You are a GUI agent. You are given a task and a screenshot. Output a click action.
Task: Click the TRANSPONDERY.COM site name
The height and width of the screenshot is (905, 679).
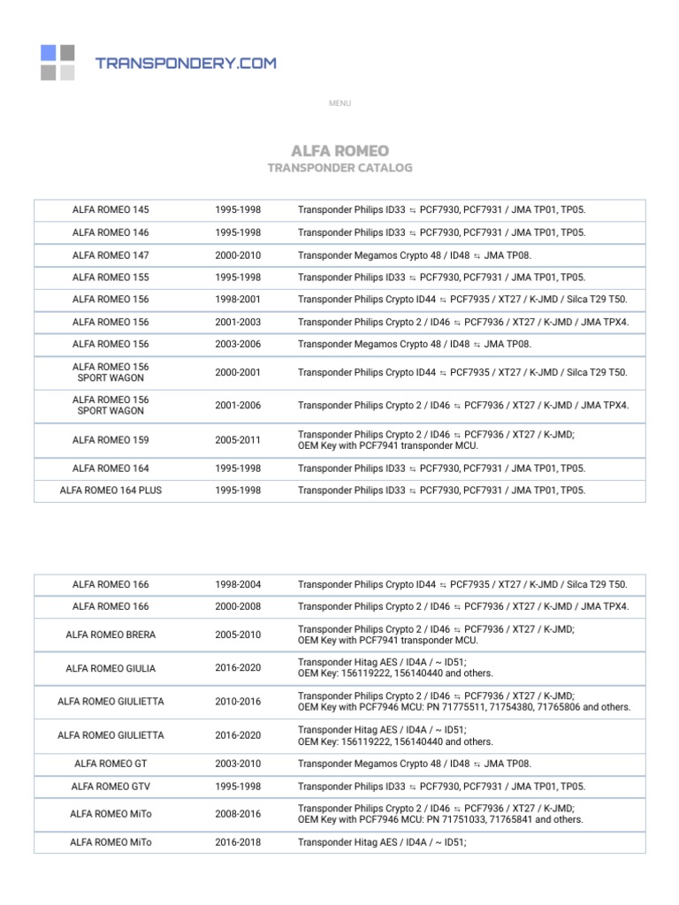click(x=186, y=63)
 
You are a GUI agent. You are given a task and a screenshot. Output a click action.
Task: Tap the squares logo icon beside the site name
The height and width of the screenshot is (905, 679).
click(x=57, y=63)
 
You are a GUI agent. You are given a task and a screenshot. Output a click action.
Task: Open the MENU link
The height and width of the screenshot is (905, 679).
click(x=339, y=103)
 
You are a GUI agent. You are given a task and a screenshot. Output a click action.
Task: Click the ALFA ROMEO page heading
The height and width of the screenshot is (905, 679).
click(x=339, y=151)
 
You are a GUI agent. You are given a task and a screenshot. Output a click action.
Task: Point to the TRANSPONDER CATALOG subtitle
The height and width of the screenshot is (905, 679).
click(x=339, y=168)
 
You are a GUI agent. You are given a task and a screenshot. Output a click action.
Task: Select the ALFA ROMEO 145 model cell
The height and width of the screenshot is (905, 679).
click(x=111, y=210)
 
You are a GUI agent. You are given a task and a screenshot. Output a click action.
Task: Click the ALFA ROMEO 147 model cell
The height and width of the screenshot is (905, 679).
click(x=111, y=255)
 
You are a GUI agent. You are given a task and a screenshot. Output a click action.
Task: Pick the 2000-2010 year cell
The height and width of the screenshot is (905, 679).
click(x=238, y=255)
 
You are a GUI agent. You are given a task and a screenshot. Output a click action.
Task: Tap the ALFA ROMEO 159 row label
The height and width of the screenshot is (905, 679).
click(x=111, y=439)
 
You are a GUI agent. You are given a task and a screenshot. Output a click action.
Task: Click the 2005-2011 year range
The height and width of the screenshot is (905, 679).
click(x=238, y=439)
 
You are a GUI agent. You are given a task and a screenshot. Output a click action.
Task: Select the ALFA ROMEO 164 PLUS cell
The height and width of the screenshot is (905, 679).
click(x=111, y=491)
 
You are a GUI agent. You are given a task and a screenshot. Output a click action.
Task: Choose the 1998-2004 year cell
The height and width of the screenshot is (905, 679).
click(x=238, y=584)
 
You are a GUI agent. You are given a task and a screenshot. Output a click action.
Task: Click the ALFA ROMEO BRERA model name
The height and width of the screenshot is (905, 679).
click(x=111, y=635)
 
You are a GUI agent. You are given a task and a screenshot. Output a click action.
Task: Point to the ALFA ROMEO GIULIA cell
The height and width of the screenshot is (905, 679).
click(x=111, y=669)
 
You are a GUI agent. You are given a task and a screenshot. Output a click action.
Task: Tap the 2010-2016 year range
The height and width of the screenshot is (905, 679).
click(x=238, y=702)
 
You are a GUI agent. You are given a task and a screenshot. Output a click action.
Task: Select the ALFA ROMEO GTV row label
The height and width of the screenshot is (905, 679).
click(x=111, y=787)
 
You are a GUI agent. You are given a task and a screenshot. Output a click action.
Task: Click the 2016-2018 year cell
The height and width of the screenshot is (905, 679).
click(x=238, y=842)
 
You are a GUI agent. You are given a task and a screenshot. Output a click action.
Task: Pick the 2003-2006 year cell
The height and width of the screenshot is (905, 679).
click(x=238, y=344)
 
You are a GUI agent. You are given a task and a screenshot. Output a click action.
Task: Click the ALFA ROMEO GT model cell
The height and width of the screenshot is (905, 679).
click(x=111, y=764)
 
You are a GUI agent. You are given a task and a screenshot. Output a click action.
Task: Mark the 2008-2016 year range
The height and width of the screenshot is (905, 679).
click(x=238, y=814)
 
